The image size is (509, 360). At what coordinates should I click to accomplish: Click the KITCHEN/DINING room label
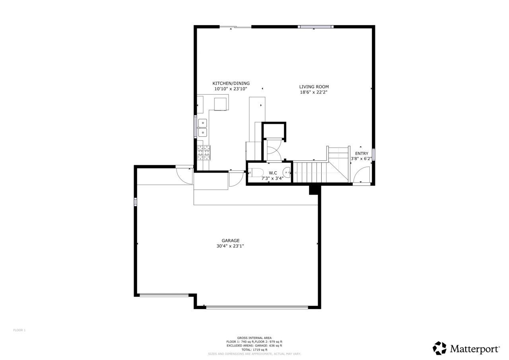tap(231, 84)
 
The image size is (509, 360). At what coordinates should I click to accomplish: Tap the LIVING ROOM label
tap(314, 87)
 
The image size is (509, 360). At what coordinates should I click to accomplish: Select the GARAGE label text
tap(230, 241)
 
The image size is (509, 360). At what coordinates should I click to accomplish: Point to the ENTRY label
tap(361, 154)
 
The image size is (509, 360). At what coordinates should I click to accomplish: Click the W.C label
tap(273, 173)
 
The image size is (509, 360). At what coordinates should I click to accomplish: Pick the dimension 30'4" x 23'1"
tap(230, 246)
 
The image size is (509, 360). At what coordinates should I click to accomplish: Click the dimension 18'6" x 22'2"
tap(314, 92)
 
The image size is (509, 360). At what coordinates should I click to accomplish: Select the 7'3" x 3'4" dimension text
tap(272, 179)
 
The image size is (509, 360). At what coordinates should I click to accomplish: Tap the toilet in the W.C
tap(256, 173)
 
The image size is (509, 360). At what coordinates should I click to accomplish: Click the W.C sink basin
tap(288, 172)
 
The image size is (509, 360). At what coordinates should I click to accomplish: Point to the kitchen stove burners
tap(204, 153)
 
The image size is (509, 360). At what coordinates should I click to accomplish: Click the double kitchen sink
tap(202, 128)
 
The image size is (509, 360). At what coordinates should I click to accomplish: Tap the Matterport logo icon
tap(439, 348)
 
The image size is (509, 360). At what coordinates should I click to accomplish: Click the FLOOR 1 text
tap(19, 330)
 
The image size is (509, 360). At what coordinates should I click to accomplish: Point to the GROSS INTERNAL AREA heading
tap(254, 338)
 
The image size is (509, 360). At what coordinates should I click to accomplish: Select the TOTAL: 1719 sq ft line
tap(254, 350)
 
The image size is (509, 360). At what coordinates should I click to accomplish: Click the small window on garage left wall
tap(136, 202)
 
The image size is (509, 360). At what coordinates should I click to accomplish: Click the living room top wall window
tap(316, 27)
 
